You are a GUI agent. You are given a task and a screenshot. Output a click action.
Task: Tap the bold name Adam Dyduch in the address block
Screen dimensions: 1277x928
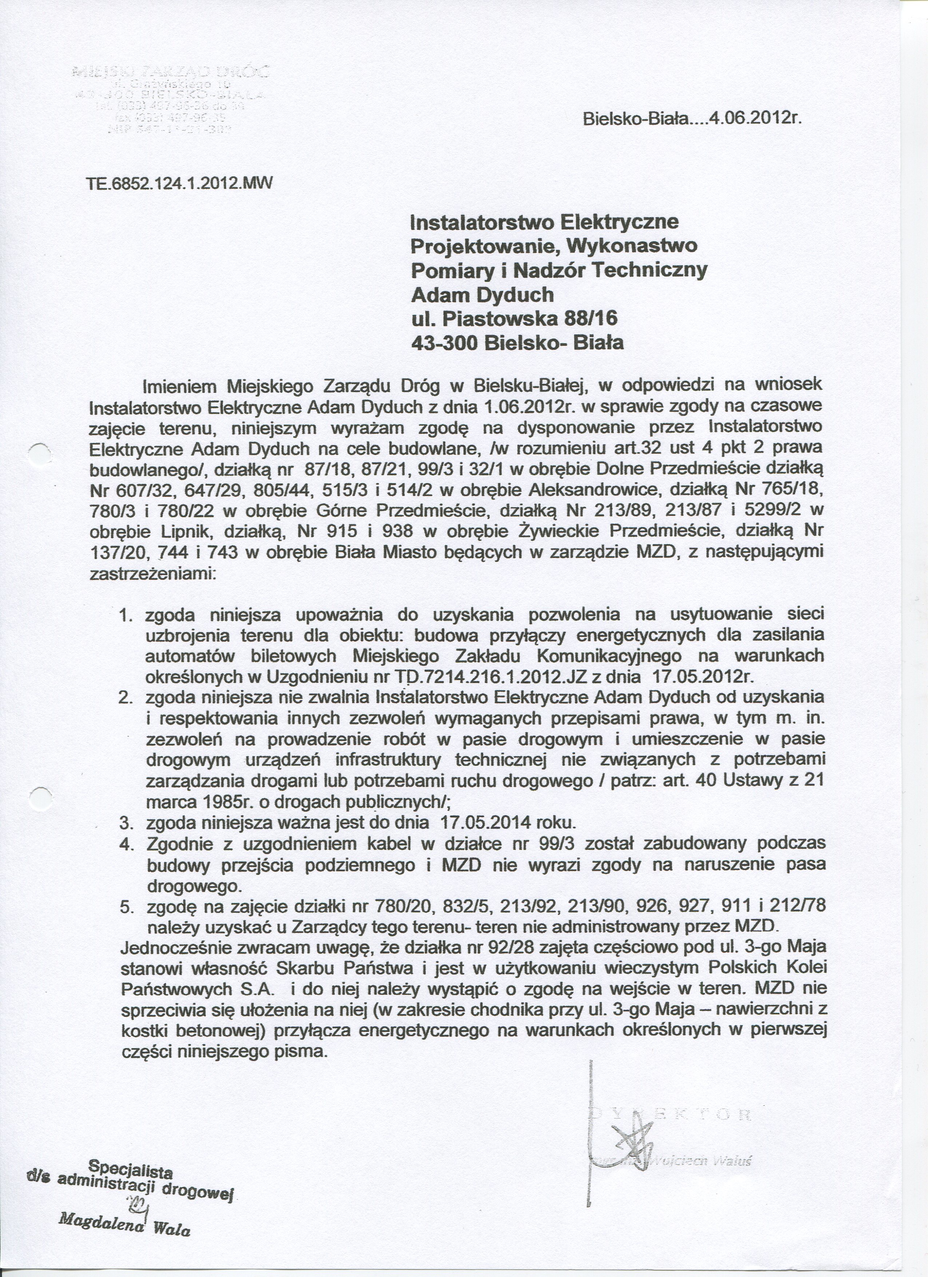[x=483, y=294]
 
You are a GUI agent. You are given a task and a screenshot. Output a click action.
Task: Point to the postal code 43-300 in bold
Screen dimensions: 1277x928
[x=444, y=343]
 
